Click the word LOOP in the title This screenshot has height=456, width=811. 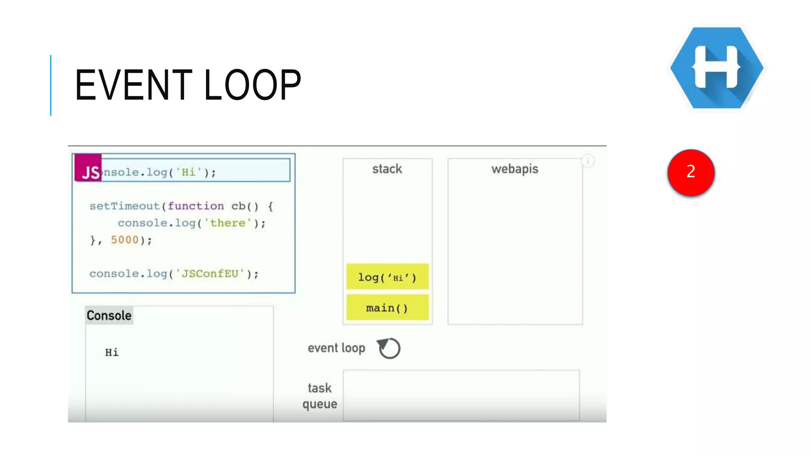(253, 85)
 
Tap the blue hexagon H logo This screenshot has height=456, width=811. (717, 68)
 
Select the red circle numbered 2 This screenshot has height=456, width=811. (691, 172)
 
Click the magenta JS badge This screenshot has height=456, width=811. (88, 167)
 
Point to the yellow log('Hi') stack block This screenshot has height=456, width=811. (387, 277)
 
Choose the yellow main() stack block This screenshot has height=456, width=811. (387, 307)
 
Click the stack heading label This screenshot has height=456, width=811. (387, 169)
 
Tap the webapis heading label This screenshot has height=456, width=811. (515, 169)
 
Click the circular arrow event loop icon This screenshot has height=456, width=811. (389, 348)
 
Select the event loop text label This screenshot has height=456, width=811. (336, 348)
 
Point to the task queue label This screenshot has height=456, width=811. (320, 396)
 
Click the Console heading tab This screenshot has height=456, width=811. (109, 315)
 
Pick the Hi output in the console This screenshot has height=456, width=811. (112, 352)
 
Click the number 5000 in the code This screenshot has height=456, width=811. (125, 240)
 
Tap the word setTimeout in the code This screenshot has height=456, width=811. (124, 206)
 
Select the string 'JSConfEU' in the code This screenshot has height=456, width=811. (210, 274)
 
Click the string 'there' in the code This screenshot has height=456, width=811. (228, 223)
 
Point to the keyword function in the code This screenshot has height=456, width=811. (196, 206)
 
